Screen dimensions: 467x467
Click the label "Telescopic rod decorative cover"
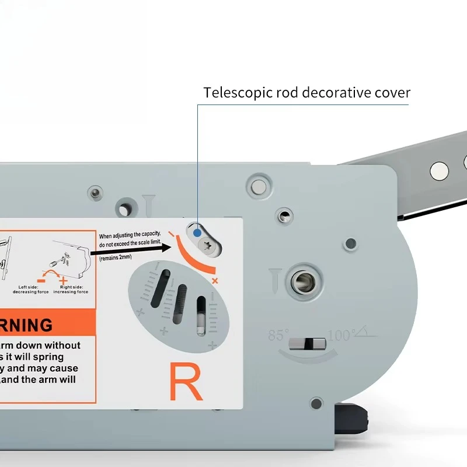click(306, 92)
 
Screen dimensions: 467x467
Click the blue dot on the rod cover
click(197, 232)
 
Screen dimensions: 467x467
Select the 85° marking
click(279, 336)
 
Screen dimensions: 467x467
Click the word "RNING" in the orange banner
click(26, 325)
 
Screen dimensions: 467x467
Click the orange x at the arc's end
click(215, 281)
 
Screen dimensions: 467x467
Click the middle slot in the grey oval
click(181, 302)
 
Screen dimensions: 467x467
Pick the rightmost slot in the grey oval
click(201, 315)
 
